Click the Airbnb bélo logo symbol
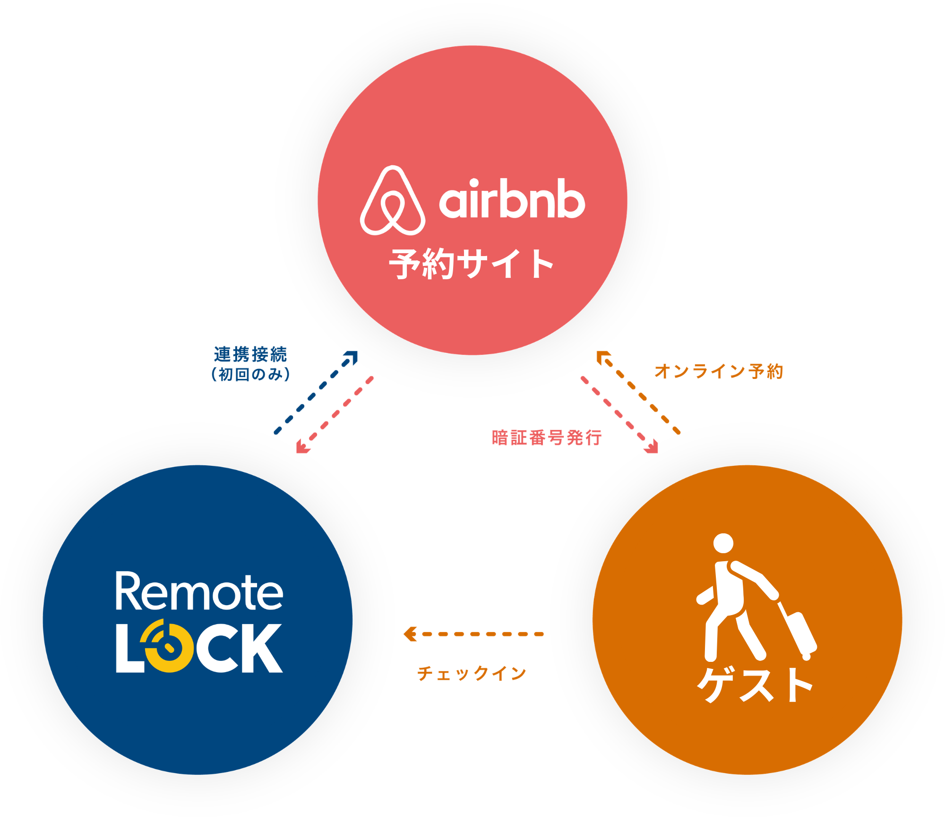coord(393,201)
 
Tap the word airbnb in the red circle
coord(512,199)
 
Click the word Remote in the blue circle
coord(199,591)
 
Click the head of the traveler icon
coord(723,543)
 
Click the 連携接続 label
coord(250,354)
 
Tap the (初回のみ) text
coord(250,375)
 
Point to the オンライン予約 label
coord(719,371)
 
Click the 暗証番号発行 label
coord(547,437)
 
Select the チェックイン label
coord(472,673)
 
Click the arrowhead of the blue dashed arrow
coord(352,357)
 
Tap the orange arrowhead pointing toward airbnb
coord(602,357)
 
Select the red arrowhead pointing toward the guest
coord(653,447)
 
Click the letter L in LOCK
coord(129,648)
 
